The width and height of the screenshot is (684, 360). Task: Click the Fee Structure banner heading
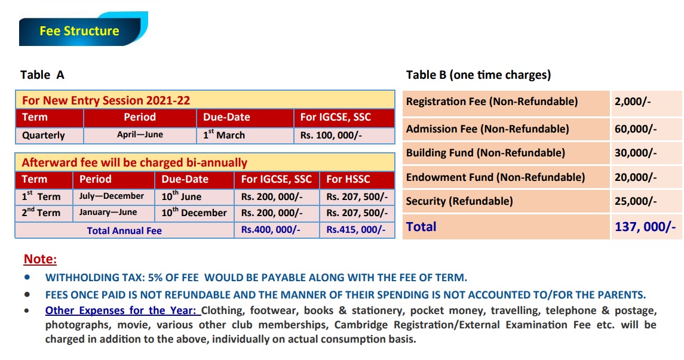pos(79,31)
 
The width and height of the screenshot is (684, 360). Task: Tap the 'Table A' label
pos(42,75)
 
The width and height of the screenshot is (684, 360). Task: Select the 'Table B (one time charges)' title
pos(479,75)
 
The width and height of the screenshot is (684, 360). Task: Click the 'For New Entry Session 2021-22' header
pos(106,100)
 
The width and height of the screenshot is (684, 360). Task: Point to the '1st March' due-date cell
pos(223,135)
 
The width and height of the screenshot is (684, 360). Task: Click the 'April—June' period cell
pos(140,135)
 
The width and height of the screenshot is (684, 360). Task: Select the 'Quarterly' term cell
pos(44,136)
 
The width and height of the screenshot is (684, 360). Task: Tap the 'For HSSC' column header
pos(348,179)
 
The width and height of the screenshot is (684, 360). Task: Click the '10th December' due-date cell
pos(194,213)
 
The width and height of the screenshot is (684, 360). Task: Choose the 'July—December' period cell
pos(112,196)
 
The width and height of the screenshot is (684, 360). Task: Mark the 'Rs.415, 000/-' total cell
pos(356,230)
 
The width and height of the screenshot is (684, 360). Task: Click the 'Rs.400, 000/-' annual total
pos(271,230)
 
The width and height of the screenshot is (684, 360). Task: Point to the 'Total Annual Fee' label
pos(124,230)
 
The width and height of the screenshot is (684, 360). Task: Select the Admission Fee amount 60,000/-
pos(636,128)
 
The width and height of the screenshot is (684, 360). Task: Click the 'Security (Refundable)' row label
pos(459,201)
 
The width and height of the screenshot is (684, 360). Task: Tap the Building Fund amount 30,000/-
pos(636,153)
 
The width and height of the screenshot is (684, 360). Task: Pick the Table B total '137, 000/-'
pos(645,227)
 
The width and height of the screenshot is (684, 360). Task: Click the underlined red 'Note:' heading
pos(40,259)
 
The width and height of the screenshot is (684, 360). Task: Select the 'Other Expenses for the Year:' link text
pos(122,310)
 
